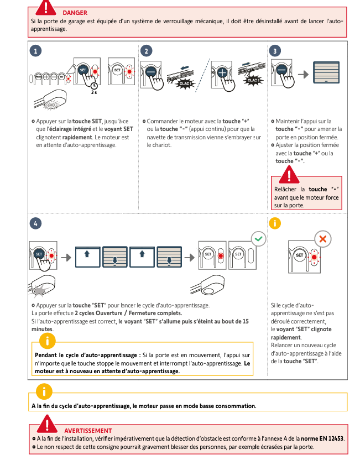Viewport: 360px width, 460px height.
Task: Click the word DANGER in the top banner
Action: (x=75, y=12)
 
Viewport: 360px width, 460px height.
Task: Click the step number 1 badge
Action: (x=36, y=51)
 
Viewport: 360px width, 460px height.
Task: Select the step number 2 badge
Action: (x=147, y=51)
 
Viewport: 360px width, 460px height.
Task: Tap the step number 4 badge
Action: (x=36, y=223)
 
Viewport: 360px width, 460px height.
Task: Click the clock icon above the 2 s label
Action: (x=94, y=85)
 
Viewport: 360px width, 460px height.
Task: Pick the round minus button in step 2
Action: (x=151, y=73)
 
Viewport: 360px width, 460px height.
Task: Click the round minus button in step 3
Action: (x=281, y=70)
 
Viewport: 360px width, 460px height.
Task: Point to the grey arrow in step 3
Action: (x=304, y=74)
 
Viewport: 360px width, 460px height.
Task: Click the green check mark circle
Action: (x=258, y=239)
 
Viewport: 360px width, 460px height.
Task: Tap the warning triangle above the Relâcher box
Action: (x=287, y=175)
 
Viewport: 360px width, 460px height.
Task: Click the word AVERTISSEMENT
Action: (x=88, y=430)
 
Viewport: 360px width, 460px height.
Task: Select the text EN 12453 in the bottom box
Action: (x=331, y=438)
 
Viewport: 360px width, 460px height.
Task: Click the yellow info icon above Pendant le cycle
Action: (x=50, y=340)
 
